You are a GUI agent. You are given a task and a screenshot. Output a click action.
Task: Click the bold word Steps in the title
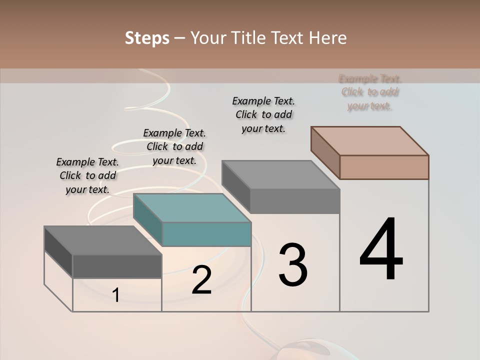click(x=147, y=38)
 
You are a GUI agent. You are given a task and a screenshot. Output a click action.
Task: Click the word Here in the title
click(x=328, y=38)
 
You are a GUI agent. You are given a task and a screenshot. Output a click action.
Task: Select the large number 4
click(x=381, y=250)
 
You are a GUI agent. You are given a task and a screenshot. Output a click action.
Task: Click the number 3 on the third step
click(x=293, y=265)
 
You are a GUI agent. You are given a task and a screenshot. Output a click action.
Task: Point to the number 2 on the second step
click(x=201, y=280)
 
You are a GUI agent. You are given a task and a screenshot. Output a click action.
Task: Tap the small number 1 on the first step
click(x=116, y=295)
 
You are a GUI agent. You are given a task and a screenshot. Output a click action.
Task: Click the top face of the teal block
click(x=192, y=208)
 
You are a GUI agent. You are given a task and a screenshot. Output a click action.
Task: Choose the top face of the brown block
click(x=370, y=141)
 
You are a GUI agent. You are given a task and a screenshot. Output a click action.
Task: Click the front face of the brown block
click(x=384, y=167)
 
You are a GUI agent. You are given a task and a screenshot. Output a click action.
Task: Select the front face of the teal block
click(x=206, y=234)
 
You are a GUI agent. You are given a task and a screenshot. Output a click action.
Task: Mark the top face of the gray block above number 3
click(x=281, y=175)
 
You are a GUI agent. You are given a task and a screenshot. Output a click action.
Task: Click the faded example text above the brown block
click(x=369, y=92)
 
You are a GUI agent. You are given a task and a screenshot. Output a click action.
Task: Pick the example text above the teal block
click(x=174, y=146)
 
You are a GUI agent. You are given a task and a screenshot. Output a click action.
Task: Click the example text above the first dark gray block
click(x=87, y=175)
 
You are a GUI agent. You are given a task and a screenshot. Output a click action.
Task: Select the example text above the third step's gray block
click(x=263, y=114)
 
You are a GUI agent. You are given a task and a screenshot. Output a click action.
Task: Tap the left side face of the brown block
click(x=325, y=152)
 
